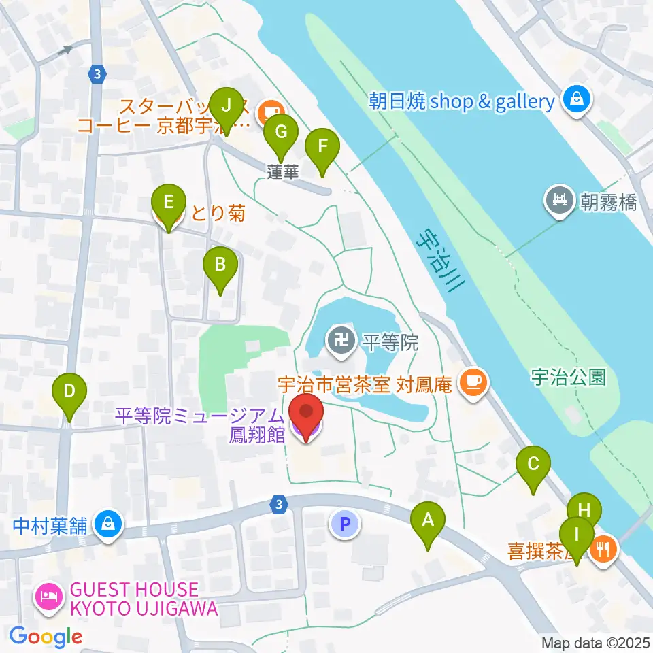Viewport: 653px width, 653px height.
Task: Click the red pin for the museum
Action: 305,417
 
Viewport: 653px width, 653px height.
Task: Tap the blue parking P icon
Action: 345,524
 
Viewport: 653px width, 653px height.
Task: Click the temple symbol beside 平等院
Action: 339,337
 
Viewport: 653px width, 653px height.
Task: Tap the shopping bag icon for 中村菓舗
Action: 108,524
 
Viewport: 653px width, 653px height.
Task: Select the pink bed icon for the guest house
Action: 48,599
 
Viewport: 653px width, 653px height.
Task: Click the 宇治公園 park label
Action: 569,378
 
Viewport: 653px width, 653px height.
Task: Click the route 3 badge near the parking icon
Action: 278,504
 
